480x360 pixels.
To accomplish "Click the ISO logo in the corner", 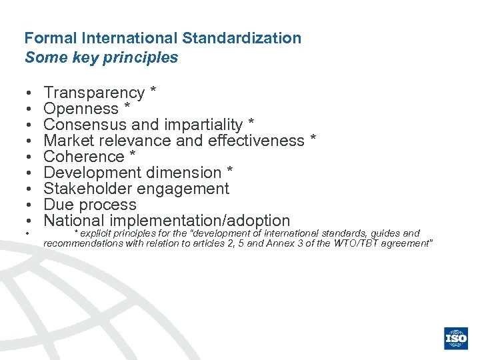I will tap(457, 338).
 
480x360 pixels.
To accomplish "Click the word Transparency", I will tap(94, 93).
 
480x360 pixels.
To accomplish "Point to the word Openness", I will tap(81, 109).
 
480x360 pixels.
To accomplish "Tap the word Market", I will tap(69, 141).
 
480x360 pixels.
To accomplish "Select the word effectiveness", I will tap(256, 141).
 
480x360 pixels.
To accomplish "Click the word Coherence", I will tap(84, 157).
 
